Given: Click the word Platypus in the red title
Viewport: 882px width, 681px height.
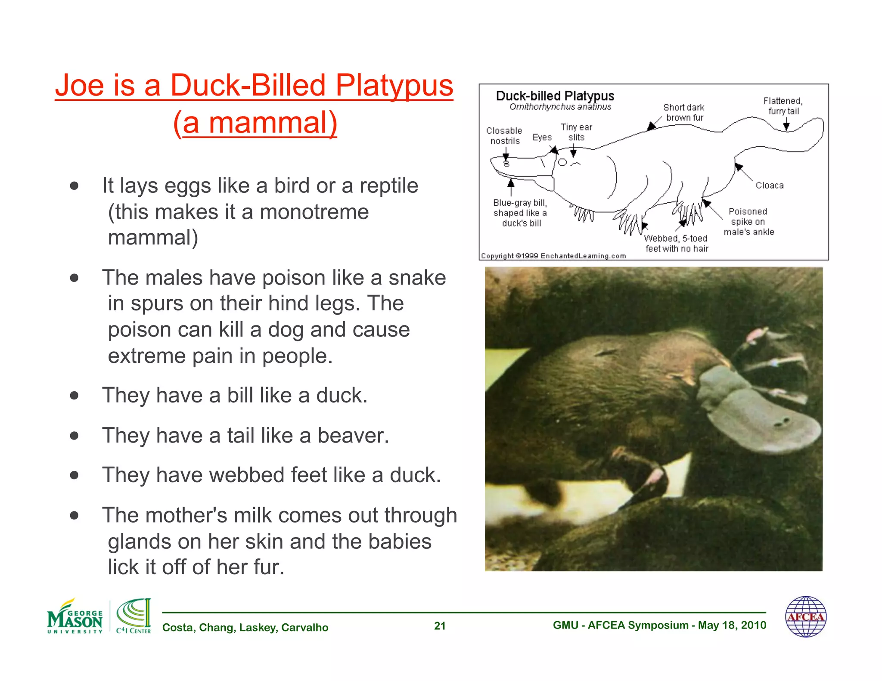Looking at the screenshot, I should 394,85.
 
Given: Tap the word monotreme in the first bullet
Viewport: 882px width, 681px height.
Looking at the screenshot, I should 314,212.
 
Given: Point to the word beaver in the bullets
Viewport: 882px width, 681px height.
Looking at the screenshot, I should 353,435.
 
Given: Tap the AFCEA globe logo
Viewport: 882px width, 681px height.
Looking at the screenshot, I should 805,617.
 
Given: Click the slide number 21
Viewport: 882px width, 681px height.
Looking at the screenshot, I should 440,626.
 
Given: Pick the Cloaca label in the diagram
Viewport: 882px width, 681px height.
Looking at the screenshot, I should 770,186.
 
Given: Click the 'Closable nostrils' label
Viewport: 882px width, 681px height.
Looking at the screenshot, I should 504,136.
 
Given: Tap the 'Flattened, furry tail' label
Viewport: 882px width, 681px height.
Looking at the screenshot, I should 783,106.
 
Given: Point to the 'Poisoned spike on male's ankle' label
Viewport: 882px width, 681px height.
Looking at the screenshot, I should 748,222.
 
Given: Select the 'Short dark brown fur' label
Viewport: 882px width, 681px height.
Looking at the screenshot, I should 684,112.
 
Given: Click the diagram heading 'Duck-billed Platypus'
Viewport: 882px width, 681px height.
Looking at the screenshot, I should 555,96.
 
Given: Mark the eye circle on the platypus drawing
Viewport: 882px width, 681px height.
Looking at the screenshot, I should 562,162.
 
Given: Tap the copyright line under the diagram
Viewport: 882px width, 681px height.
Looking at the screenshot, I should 553,256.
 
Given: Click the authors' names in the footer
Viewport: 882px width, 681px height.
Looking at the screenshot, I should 245,627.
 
